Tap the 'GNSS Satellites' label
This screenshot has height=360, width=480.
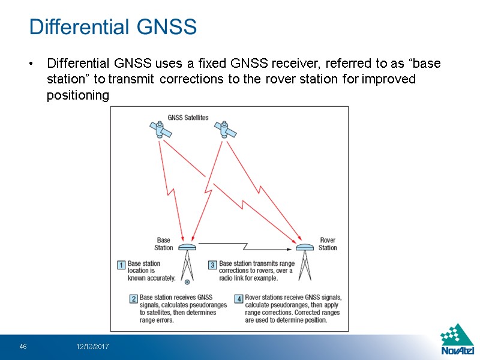click(x=188, y=118)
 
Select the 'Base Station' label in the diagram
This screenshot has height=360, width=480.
click(x=164, y=244)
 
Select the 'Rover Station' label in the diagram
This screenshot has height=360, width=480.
click(x=328, y=244)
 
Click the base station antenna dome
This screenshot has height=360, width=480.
click(x=188, y=247)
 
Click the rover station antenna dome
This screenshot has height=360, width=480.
click(x=305, y=247)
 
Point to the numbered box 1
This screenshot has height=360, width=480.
click(x=121, y=264)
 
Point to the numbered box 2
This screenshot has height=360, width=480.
click(x=134, y=298)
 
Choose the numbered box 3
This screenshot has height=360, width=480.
click(x=212, y=264)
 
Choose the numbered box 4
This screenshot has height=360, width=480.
click(x=238, y=298)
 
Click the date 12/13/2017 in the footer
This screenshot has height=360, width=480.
click(x=92, y=347)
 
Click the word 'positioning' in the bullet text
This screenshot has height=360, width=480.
click(x=78, y=95)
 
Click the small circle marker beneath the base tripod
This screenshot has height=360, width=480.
click(x=188, y=281)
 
